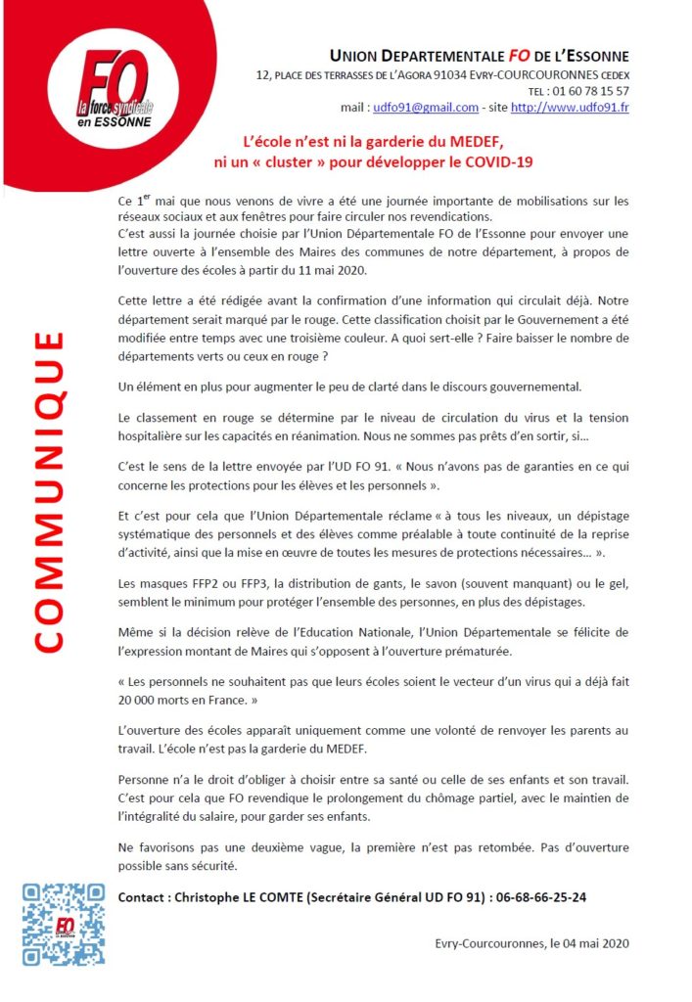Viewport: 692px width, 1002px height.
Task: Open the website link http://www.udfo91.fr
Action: (x=570, y=108)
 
